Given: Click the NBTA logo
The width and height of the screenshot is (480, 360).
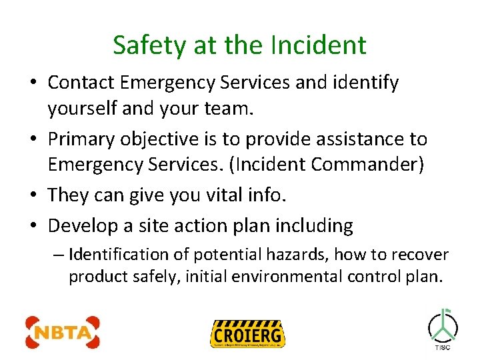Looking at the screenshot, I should [62, 332].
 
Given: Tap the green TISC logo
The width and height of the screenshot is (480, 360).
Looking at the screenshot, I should [443, 328].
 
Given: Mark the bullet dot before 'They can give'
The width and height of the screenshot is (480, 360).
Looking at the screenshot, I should [33, 196].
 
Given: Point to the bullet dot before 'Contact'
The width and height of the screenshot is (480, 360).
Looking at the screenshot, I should [33, 84].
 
